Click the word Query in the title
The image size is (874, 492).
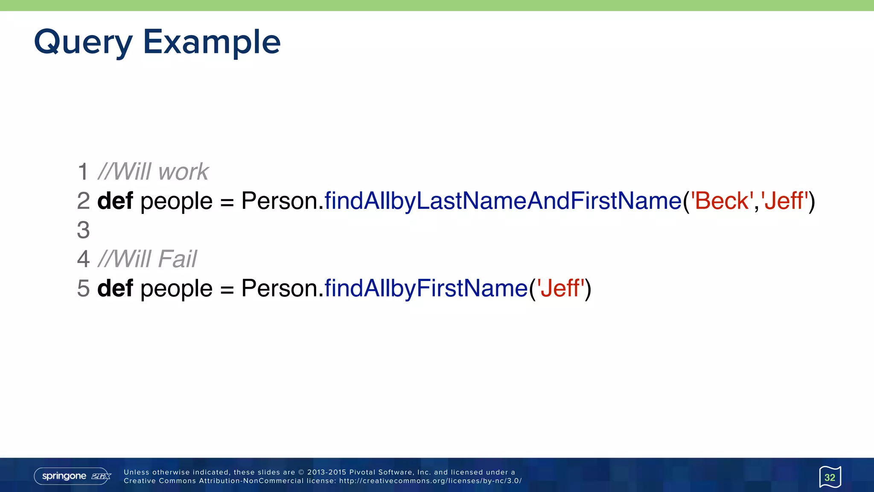pos(83,43)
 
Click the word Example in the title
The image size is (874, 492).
pos(212,43)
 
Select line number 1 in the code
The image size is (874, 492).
pos(83,172)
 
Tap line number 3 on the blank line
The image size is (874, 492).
pos(83,230)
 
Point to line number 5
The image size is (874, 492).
pos(83,288)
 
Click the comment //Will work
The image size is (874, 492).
pos(153,172)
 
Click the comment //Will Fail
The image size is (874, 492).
pos(147,259)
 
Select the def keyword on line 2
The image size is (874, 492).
pos(115,201)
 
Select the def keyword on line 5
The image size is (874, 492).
pos(115,288)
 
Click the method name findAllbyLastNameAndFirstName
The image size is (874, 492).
pos(503,201)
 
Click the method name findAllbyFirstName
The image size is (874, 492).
pos(426,288)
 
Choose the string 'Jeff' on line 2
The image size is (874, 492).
pos(784,201)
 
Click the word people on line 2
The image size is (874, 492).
pos(176,202)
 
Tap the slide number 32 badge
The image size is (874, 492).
pos(830,477)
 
